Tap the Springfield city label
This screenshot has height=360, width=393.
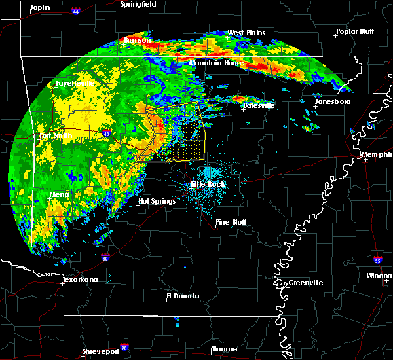coord(138,4)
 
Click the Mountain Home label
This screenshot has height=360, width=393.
coord(216,63)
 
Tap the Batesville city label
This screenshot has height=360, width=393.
coord(259,105)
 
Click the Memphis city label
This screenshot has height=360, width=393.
coord(377,154)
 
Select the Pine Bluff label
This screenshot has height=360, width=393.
coord(231,222)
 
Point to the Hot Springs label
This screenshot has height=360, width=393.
coord(157,201)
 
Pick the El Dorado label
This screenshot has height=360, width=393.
coord(184,296)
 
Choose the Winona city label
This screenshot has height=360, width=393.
coord(379,276)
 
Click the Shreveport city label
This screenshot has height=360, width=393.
coord(100,352)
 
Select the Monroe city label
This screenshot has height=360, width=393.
coord(224,349)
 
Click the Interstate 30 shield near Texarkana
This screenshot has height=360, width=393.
coord(105,258)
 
